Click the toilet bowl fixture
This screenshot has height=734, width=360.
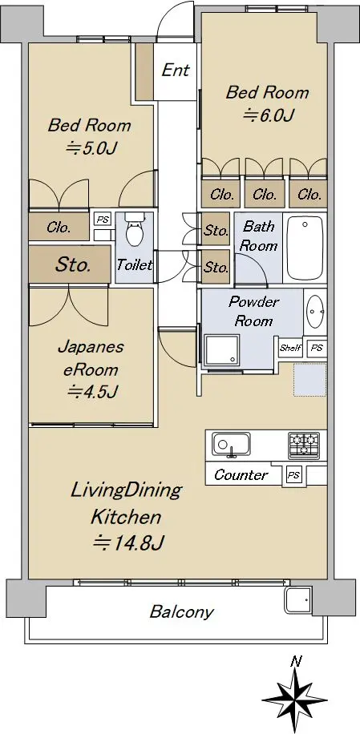tap(135, 230)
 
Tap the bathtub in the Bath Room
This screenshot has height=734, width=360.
tap(305, 248)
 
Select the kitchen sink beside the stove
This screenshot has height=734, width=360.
tap(231, 443)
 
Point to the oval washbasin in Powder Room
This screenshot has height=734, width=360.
tap(314, 310)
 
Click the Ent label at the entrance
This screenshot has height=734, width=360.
tap(176, 71)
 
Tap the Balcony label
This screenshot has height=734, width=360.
tap(182, 611)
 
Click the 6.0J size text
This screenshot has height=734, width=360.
tap(267, 115)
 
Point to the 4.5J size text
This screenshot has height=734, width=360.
tap(91, 391)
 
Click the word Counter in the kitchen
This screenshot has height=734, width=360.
tap(241, 474)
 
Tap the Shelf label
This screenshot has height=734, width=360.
tap(291, 348)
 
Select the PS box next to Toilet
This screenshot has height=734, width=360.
tap(103, 219)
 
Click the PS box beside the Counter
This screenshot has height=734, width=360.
tap(293, 475)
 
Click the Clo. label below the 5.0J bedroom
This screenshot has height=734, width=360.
tap(59, 228)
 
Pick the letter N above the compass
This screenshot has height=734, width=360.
tap(295, 661)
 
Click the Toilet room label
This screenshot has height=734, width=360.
tap(135, 265)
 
